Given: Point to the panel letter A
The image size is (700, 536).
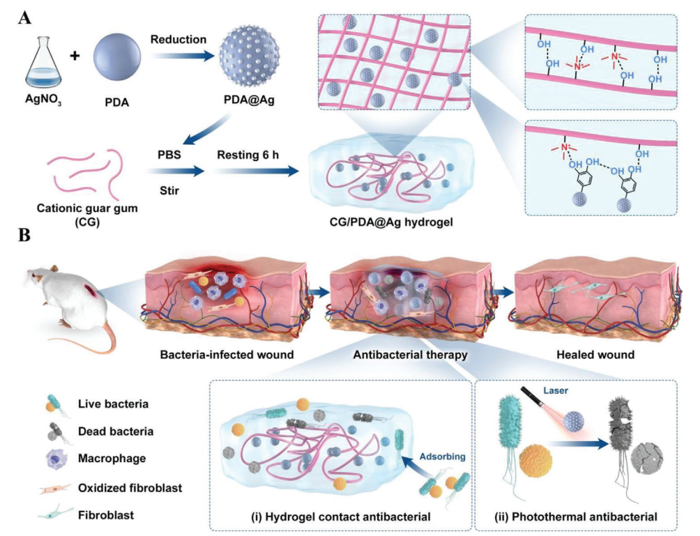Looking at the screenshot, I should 24,17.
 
